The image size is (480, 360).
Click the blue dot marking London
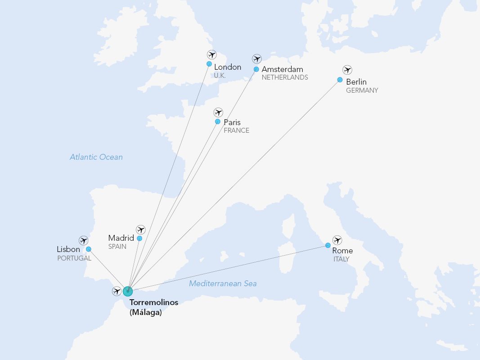click(209, 64)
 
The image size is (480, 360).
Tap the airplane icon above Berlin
click(347, 70)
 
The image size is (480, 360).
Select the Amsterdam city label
click(282, 69)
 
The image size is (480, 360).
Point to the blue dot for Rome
click(328, 245)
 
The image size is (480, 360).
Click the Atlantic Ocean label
click(96, 157)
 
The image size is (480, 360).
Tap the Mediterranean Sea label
click(223, 283)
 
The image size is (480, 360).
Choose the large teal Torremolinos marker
click(128, 291)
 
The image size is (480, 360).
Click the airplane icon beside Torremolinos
click(117, 291)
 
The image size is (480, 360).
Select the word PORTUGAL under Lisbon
click(74, 258)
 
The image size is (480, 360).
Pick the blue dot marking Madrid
click(139, 238)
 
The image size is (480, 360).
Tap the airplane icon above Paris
click(218, 112)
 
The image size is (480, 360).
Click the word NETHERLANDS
click(285, 77)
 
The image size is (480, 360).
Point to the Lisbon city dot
click(89, 249)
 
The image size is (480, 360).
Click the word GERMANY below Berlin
click(362, 90)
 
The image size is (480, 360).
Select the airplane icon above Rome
click(337, 240)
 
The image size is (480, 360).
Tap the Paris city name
click(232, 122)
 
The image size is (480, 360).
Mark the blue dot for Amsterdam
click(256, 69)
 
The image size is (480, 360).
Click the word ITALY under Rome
click(341, 259)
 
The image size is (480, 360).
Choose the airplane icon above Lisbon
click(83, 240)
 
